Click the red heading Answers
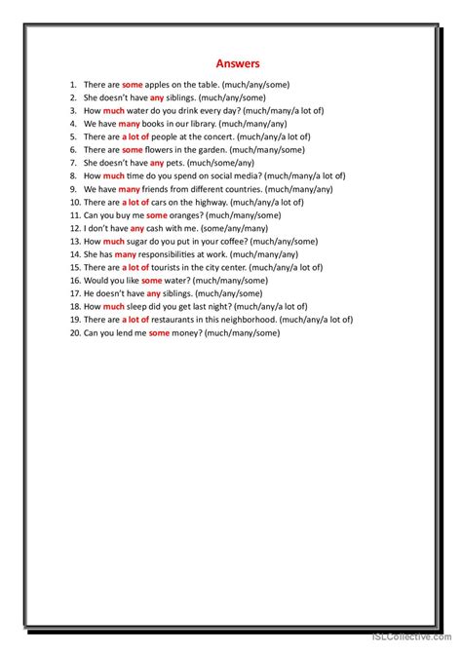pos(239,64)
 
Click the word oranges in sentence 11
pos(178,214)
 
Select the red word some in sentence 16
pos(151,280)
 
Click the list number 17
pos(73,293)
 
